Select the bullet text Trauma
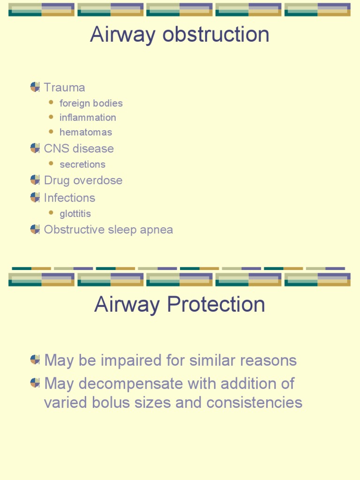(x=64, y=88)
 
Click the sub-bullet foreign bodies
(x=91, y=103)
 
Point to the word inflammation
(x=88, y=118)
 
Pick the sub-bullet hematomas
(x=86, y=132)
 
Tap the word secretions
(x=82, y=165)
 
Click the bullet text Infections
(x=69, y=198)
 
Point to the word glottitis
(x=75, y=214)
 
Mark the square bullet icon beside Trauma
(x=35, y=87)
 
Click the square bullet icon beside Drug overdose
(x=35, y=180)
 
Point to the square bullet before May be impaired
(x=35, y=360)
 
